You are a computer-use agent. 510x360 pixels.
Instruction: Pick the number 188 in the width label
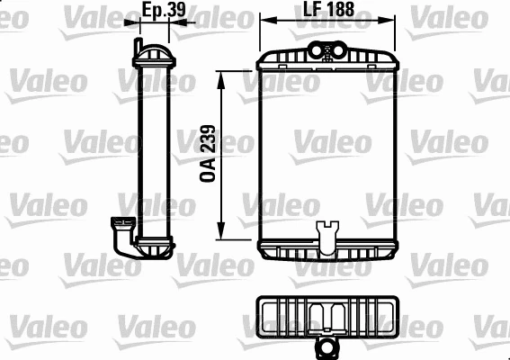(x=338, y=10)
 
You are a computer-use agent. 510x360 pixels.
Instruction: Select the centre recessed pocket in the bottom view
(x=327, y=314)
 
